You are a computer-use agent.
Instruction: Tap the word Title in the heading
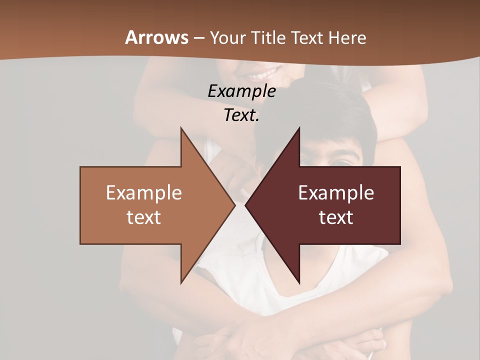(x=268, y=37)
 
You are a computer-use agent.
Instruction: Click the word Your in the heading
(x=228, y=37)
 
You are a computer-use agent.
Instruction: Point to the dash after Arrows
(x=198, y=38)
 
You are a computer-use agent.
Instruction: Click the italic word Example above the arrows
(x=241, y=91)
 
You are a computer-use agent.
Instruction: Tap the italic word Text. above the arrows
(x=241, y=115)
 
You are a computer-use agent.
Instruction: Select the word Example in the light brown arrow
(x=144, y=193)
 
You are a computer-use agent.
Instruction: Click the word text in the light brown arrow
(x=144, y=217)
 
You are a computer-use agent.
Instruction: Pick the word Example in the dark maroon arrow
(x=336, y=193)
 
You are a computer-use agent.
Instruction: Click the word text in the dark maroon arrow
(x=336, y=217)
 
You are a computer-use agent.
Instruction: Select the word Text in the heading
(x=308, y=37)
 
